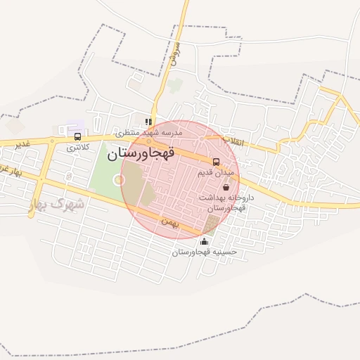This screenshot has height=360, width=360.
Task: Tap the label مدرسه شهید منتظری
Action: [149, 132]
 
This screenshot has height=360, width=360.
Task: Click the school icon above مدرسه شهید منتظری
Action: [148, 122]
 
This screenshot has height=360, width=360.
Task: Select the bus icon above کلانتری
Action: [77, 136]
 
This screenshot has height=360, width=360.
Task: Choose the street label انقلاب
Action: [233, 141]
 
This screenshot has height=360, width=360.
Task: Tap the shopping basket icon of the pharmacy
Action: [226, 187]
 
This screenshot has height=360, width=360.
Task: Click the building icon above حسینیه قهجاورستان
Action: [204, 242]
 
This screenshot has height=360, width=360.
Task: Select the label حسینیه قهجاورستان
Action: [205, 252]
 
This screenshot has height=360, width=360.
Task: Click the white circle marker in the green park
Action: [119, 179]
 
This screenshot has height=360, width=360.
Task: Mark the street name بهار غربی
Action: [11, 172]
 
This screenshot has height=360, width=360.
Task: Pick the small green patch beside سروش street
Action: [175, 85]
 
